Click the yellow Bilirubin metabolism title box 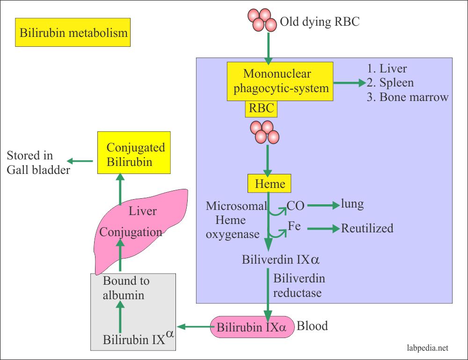[x=73, y=33]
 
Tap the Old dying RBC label [x=320, y=22]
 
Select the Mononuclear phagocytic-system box [x=280, y=81]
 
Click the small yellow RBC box [x=261, y=109]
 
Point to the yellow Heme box [x=269, y=184]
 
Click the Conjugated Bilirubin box [x=134, y=154]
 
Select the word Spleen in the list [x=396, y=83]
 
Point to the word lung [x=352, y=204]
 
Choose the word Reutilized [x=367, y=228]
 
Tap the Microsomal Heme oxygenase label [x=236, y=220]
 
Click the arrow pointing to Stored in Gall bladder [x=82, y=161]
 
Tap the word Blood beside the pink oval [x=313, y=325]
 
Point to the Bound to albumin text [x=126, y=288]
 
